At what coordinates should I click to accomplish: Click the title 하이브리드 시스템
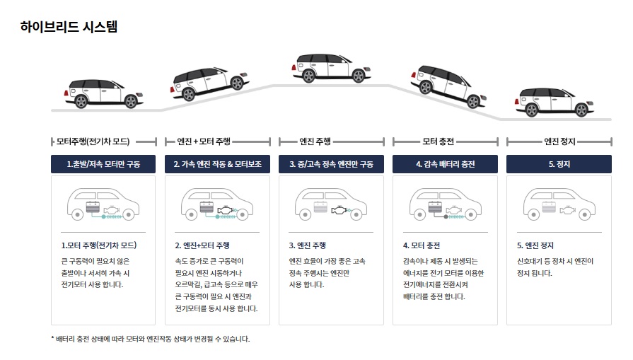pos(69,27)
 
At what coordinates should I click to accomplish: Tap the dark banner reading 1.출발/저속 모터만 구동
pos(103,164)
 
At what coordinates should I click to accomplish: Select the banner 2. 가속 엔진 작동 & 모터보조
pos(217,164)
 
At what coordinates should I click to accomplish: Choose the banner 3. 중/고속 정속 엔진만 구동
pos(331,164)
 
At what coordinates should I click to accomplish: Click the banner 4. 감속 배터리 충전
pos(445,164)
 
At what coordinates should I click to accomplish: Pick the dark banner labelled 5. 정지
pos(559,164)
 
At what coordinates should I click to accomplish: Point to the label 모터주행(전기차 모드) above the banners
pos(103,141)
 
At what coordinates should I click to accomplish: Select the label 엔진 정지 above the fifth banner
pos(559,141)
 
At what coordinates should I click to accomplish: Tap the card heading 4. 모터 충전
pos(422,245)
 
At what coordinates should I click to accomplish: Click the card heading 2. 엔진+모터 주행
pos(202,245)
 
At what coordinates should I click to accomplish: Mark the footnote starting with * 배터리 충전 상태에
pos(151,339)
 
